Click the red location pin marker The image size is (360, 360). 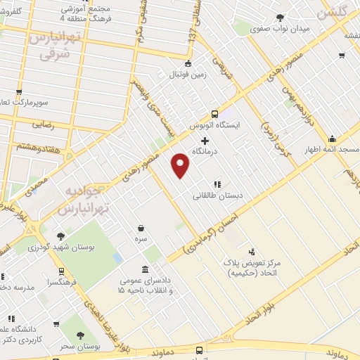tap(181, 166)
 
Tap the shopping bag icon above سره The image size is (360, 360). tap(142, 228)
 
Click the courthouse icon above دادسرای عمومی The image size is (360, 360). tap(145, 270)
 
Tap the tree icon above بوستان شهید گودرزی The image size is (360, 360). tap(61, 236)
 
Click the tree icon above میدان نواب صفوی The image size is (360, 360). tap(280, 17)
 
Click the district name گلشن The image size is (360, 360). tap(335, 12)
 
